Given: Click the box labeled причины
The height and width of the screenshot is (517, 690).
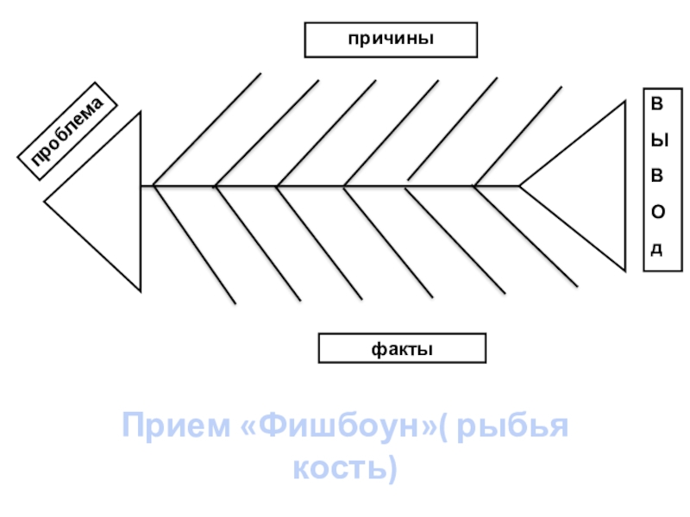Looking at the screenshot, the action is pyautogui.click(x=391, y=40).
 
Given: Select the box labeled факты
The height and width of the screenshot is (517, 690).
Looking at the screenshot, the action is pyautogui.click(x=402, y=349).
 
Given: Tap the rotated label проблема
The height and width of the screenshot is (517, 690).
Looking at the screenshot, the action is pyautogui.click(x=67, y=132).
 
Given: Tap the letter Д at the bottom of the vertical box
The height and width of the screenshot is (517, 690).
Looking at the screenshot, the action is pyautogui.click(x=657, y=249).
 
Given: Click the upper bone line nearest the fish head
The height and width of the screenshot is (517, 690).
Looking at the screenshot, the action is pyautogui.click(x=207, y=129).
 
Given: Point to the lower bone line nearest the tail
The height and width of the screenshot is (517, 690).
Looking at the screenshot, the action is pyautogui.click(x=526, y=237).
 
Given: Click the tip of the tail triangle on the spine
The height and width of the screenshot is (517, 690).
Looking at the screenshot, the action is pyautogui.click(x=520, y=185).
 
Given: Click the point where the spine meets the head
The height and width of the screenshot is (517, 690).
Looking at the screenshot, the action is pyautogui.click(x=141, y=185).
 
